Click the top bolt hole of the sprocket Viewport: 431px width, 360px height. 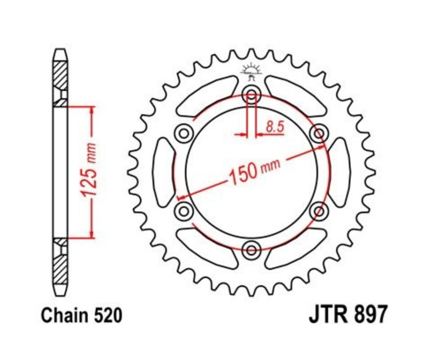pyautogui.click(x=251, y=95)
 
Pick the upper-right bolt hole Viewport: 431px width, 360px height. pyautogui.click(x=318, y=133)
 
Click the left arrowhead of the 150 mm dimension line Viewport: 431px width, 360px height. pyautogui.click(x=180, y=197)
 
